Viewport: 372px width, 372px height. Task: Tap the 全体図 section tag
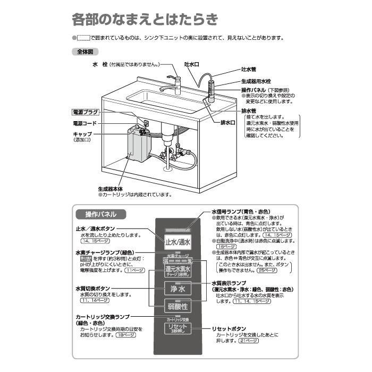click(84, 53)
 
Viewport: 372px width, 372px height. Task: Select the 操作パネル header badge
click(101, 215)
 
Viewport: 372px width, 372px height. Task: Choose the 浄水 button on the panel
click(177, 289)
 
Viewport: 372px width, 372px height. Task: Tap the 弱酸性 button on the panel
click(177, 307)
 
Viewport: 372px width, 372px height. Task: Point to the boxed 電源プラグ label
click(86, 113)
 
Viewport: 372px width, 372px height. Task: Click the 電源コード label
click(85, 123)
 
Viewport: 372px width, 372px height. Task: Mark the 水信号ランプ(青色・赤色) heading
click(244, 211)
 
